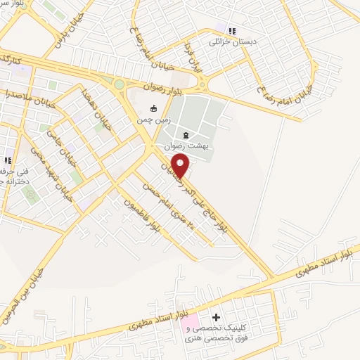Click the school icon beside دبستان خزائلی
pos(231,30)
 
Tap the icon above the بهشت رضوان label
pos(186,134)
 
